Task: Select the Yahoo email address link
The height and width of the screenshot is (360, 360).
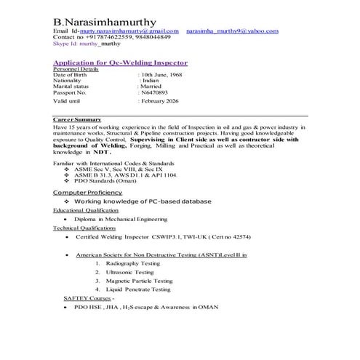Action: (x=232, y=31)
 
